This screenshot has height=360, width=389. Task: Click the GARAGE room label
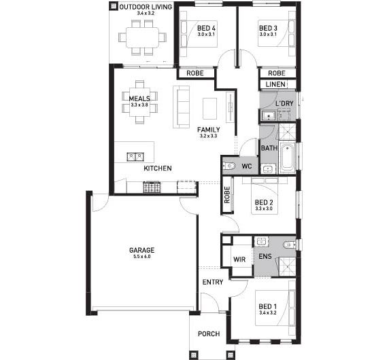[x=141, y=249]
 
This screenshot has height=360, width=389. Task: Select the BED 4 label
[x=206, y=28]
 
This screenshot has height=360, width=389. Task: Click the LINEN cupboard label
[x=276, y=84]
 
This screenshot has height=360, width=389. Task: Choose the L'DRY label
[x=285, y=103]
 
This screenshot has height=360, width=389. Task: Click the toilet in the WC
[x=230, y=166]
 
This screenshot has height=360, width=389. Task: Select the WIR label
[x=239, y=259]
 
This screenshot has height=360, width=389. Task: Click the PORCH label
[x=209, y=334]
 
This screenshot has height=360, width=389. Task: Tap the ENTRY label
[x=212, y=282]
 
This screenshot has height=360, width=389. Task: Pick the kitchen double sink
[x=134, y=156]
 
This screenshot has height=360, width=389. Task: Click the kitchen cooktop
[x=151, y=186]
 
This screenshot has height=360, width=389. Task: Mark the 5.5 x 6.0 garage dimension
[x=141, y=257]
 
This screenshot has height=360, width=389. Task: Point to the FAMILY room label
[x=208, y=129]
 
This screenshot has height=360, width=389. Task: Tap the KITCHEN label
[x=157, y=168]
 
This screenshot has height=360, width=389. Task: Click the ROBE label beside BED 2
[x=226, y=196]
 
